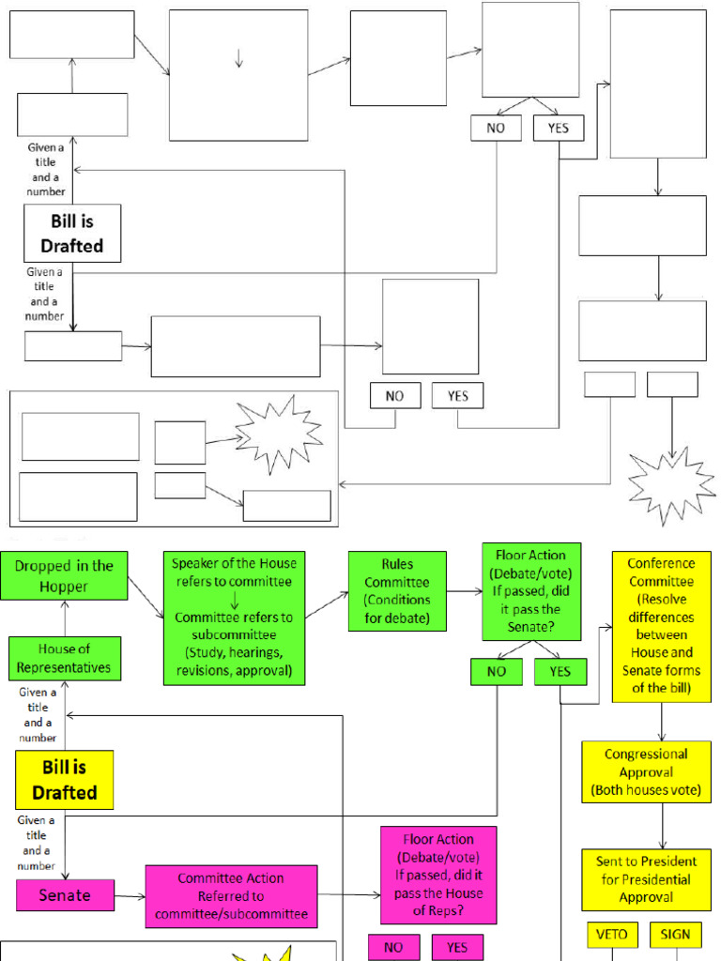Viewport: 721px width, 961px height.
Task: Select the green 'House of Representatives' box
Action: [x=65, y=658]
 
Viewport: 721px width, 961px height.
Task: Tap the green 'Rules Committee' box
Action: [x=397, y=591]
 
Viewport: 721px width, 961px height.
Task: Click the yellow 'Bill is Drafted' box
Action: [x=65, y=780]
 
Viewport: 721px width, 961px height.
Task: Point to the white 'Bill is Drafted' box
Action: [x=72, y=234]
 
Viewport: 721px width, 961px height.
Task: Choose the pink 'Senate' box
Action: [x=65, y=895]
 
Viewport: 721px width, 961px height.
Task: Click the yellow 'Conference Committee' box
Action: [x=661, y=626]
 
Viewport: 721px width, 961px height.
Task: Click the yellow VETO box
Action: [x=612, y=935]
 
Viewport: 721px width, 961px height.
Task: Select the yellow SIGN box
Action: [x=676, y=935]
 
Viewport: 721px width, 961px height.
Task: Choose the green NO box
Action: [x=497, y=671]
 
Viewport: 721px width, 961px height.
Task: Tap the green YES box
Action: [x=560, y=671]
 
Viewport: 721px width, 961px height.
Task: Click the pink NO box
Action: [x=394, y=947]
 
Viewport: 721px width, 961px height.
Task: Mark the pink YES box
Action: [x=457, y=947]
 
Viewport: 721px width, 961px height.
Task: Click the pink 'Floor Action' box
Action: [x=438, y=875]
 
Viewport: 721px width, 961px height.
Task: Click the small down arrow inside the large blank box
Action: [x=238, y=57]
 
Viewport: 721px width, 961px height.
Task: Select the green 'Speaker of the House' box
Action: [x=234, y=617]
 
